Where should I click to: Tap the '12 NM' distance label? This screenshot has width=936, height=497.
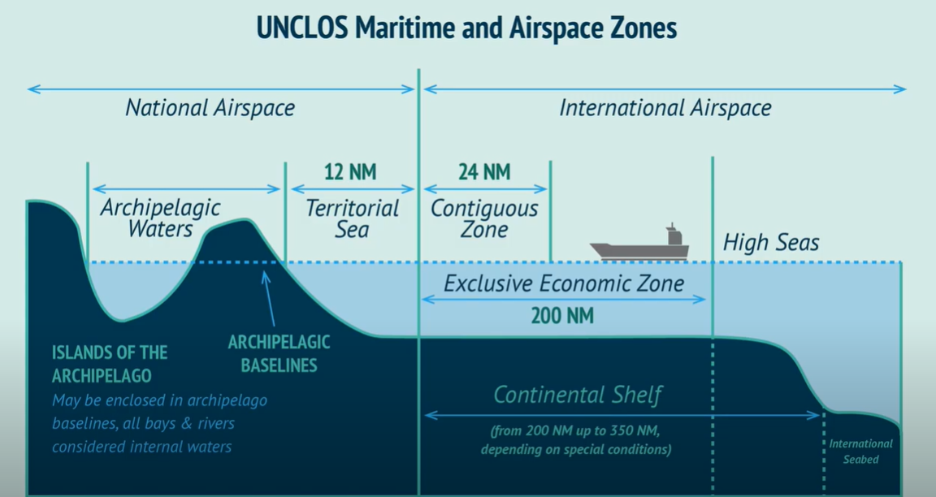[350, 172]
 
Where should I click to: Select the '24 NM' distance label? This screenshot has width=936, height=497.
[484, 172]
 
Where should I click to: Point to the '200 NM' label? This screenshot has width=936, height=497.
[562, 316]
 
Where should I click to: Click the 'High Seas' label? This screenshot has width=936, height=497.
[770, 243]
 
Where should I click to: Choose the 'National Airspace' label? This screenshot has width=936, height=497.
[210, 108]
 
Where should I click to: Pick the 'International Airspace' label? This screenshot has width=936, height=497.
[665, 108]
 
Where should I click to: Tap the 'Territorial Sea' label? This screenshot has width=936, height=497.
[352, 218]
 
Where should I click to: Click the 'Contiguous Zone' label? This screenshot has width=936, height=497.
[484, 218]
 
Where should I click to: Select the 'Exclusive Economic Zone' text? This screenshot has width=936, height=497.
[564, 283]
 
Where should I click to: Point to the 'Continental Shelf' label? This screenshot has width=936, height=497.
[578, 395]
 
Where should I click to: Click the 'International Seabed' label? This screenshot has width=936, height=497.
[860, 452]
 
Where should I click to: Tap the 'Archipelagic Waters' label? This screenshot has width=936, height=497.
[160, 218]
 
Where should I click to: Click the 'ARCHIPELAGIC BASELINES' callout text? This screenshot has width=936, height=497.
[279, 353]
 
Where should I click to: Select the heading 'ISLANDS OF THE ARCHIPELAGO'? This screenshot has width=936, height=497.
[110, 364]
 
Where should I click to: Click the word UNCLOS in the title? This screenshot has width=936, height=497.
[302, 28]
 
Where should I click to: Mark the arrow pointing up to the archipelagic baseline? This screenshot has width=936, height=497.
[269, 299]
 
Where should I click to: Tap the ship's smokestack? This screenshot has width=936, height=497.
[674, 235]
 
